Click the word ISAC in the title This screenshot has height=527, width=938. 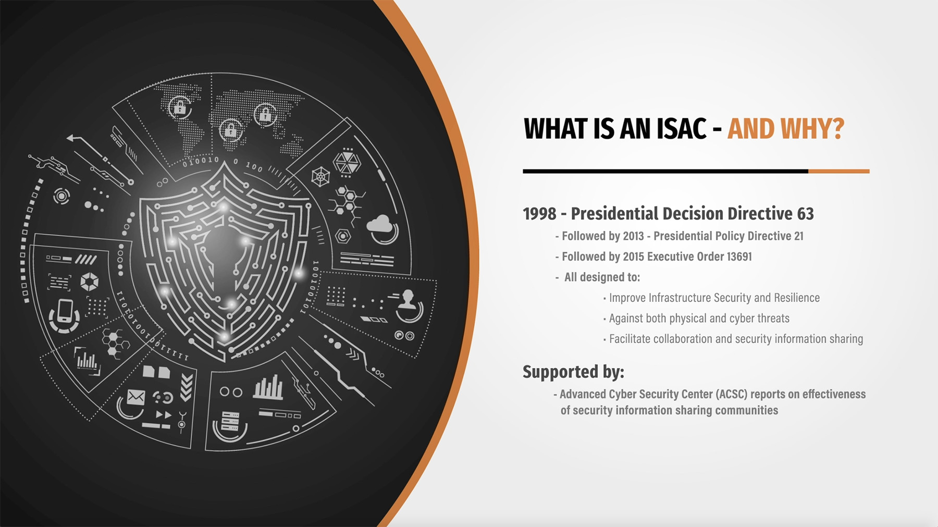(681, 129)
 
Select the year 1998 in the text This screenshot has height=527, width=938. (539, 214)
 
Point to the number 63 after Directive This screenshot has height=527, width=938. (805, 214)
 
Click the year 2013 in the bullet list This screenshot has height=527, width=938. (633, 236)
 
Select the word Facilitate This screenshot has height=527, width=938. (630, 339)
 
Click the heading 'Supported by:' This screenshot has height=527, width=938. (573, 372)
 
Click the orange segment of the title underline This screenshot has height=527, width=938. (838, 171)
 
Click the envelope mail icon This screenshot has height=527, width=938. (135, 397)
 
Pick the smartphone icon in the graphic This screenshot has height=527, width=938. (65, 311)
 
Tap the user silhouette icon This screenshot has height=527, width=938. (408, 300)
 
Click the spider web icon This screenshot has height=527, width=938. (320, 177)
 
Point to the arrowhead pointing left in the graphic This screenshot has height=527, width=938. (71, 139)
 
